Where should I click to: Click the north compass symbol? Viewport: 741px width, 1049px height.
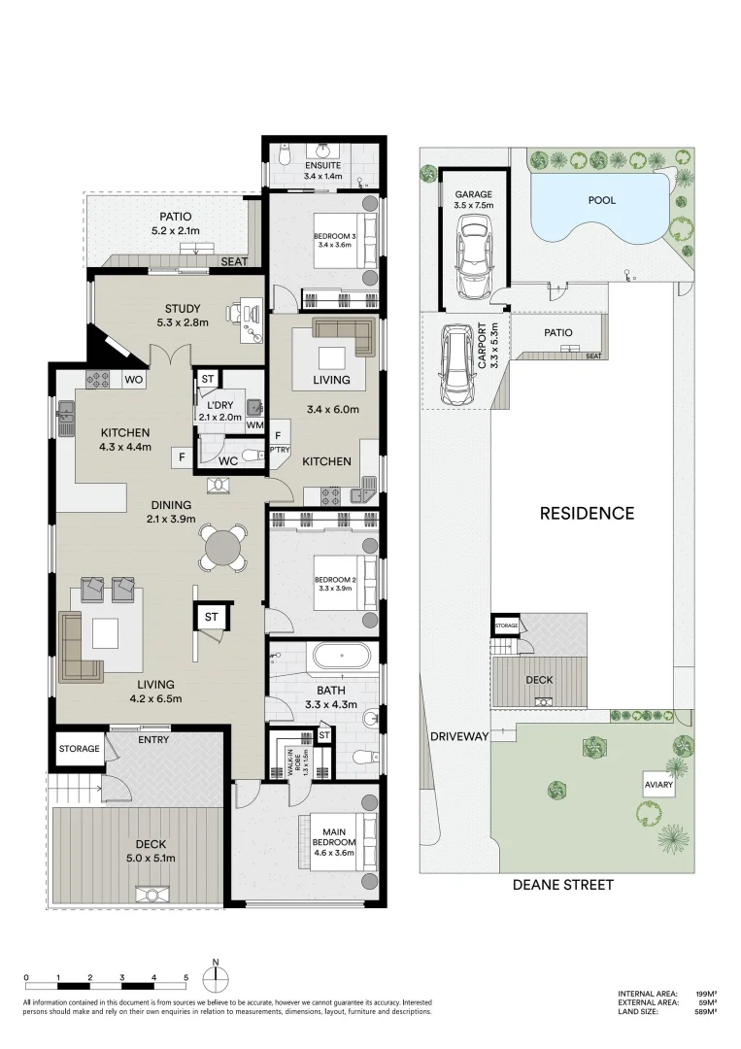(x=216, y=979)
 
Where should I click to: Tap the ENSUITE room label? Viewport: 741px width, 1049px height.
(x=323, y=165)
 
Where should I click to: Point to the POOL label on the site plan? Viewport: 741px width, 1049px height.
(x=602, y=200)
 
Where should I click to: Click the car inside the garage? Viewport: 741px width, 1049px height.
(x=474, y=258)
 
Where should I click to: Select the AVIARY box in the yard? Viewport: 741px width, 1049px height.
(x=658, y=785)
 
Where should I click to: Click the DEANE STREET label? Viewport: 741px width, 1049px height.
(x=563, y=885)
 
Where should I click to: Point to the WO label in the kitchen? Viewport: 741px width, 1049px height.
(x=134, y=380)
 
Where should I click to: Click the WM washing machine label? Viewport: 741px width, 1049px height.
(x=254, y=424)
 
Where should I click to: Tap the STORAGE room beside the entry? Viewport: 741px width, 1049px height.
(x=79, y=748)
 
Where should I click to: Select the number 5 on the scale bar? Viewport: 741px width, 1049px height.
(x=185, y=978)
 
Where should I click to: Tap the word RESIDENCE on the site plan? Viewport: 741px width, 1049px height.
(x=588, y=513)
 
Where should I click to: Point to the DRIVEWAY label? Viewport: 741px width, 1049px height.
(x=459, y=736)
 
